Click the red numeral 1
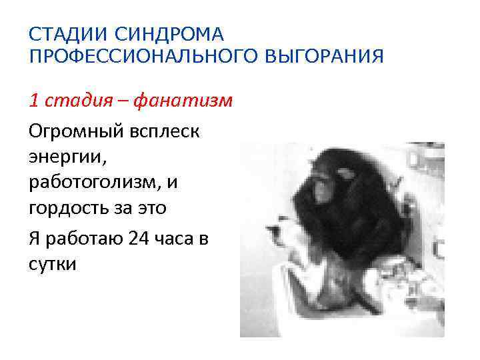point(34,101)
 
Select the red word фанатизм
point(181,101)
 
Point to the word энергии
point(67,156)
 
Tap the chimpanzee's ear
point(347,175)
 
